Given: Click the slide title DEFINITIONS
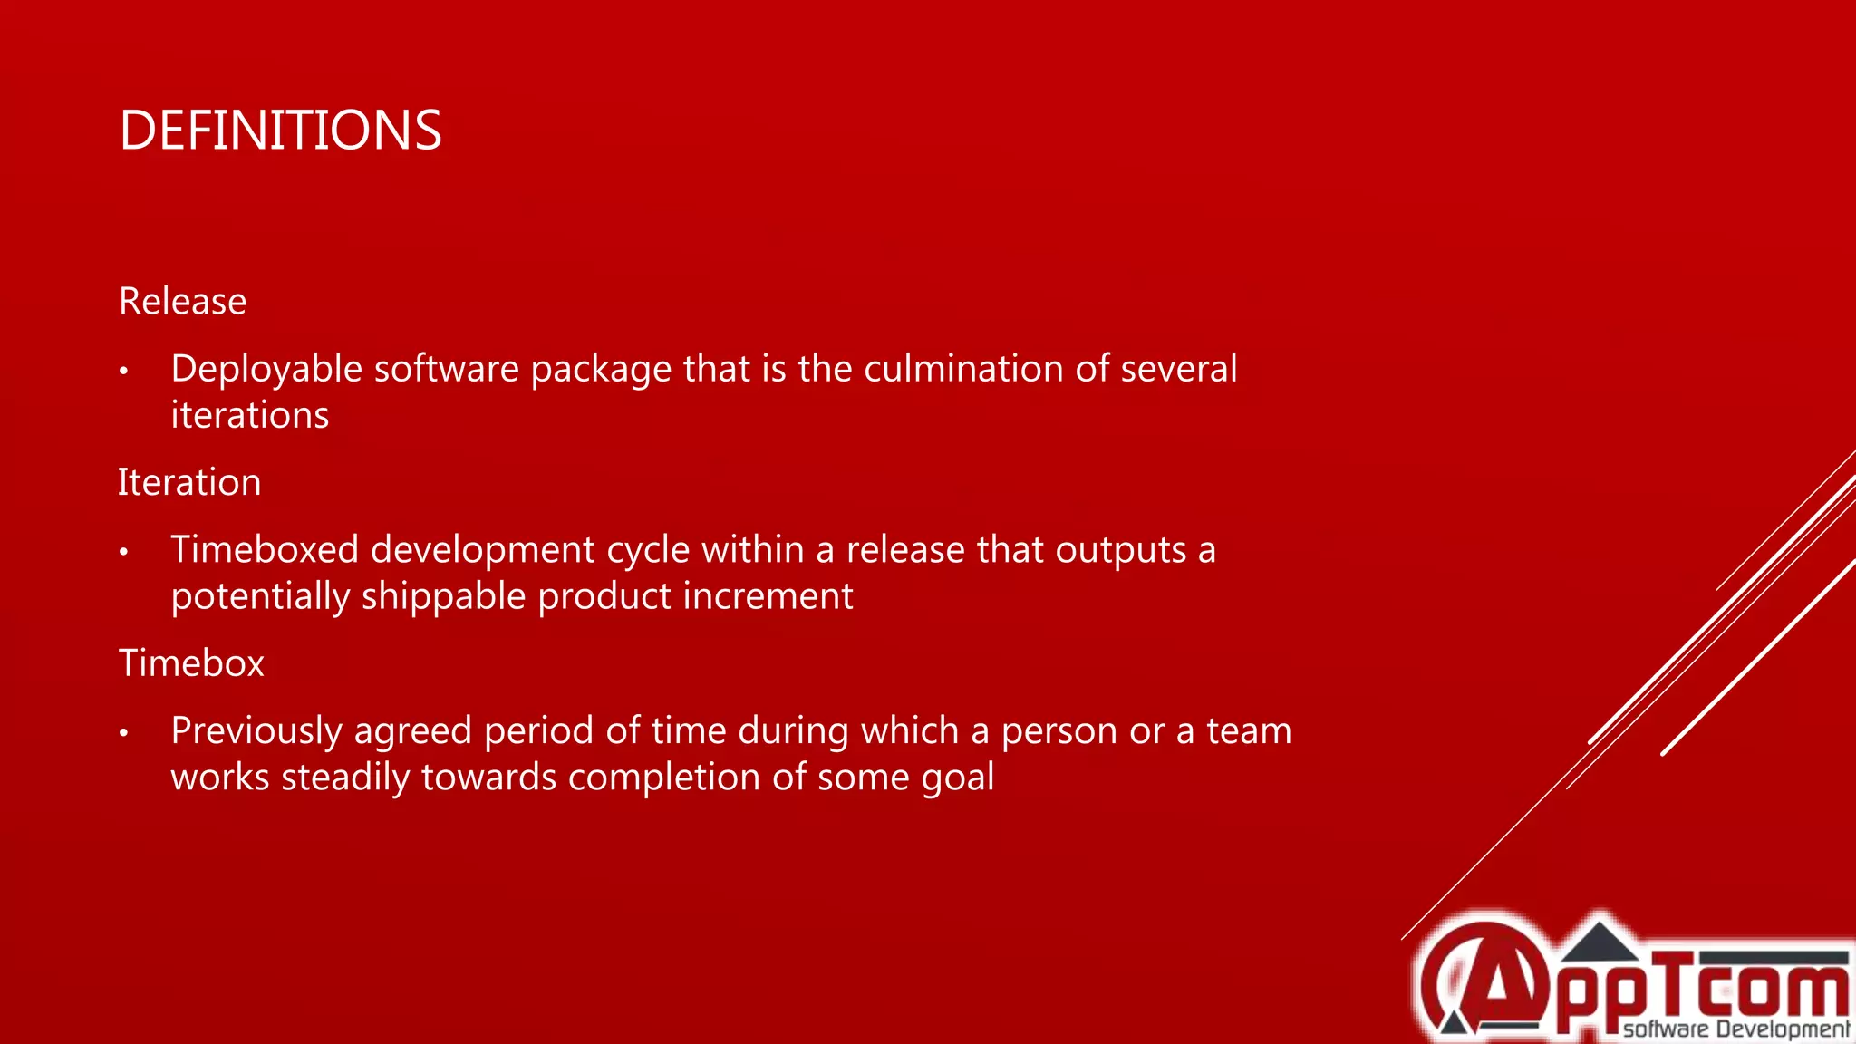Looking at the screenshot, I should point(280,130).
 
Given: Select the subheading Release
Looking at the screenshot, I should point(182,302).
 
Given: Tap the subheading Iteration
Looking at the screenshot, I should point(189,482).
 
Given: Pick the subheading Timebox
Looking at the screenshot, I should point(191,663).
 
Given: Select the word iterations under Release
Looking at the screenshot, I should point(249,415).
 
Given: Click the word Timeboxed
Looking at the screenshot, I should point(264,550).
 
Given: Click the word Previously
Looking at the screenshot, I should point(257,731).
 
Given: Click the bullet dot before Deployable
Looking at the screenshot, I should point(124,371).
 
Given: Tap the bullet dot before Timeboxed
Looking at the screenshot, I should point(124,552).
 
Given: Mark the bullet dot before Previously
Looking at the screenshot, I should point(124,732).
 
